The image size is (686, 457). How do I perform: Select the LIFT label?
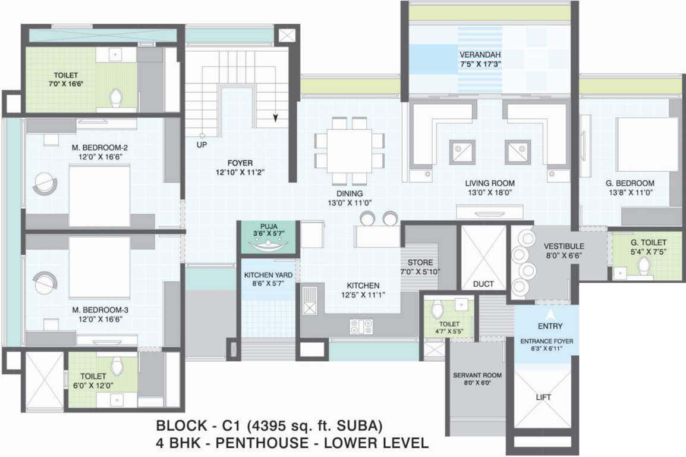tap(543, 397)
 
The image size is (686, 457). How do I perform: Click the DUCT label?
tap(483, 284)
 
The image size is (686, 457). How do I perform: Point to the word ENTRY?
tap(550, 326)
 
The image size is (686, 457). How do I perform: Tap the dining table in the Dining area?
tap(349, 151)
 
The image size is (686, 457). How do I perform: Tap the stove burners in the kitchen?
tap(361, 326)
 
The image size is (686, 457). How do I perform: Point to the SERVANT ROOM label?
tap(477, 375)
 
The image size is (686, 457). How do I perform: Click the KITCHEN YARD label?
tap(266, 276)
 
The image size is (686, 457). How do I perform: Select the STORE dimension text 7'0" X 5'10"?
tap(421, 272)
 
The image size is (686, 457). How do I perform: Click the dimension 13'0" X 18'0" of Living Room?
tap(490, 193)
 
